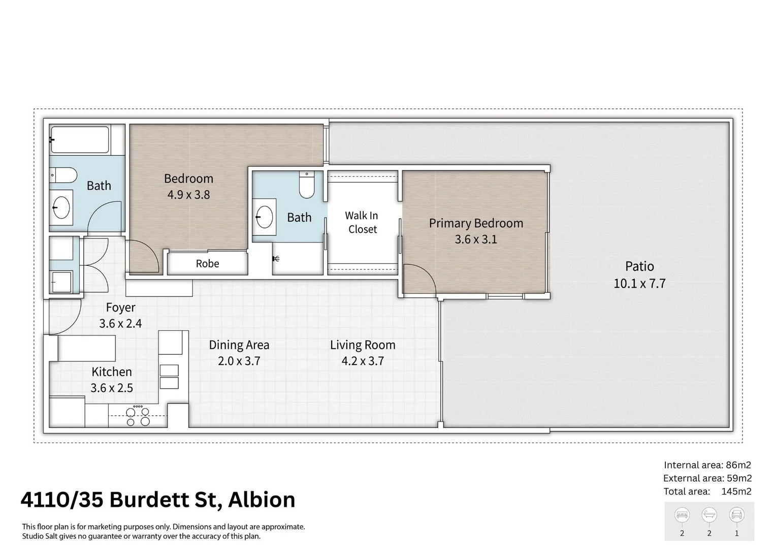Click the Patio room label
[639, 266]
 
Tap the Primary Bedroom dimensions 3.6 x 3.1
[475, 239]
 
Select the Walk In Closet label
[362, 223]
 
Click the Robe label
[207, 264]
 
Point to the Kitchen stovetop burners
[138, 416]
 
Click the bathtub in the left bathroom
[80, 140]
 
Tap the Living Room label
[362, 345]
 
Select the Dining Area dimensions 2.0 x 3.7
[239, 361]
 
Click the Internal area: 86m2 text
[707, 465]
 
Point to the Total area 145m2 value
[736, 492]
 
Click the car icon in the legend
[736, 515]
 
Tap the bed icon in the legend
[682, 515]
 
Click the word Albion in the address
[262, 500]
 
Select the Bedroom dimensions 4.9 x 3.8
[188, 195]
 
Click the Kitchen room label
[111, 372]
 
